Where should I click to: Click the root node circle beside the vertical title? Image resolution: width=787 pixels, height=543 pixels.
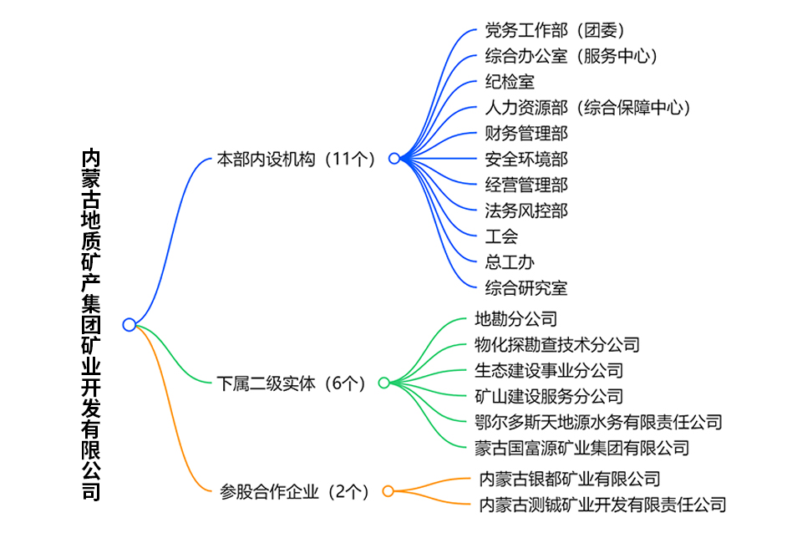(x=129, y=325)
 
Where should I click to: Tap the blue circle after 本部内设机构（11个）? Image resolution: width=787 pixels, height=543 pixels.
(x=394, y=159)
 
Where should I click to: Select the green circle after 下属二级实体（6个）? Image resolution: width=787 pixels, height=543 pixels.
(x=384, y=383)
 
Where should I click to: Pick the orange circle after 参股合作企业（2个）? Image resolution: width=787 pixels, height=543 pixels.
(x=388, y=491)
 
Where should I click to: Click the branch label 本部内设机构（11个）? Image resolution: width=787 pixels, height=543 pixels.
(x=296, y=159)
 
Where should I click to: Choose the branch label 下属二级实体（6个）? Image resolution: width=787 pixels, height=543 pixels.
(x=291, y=383)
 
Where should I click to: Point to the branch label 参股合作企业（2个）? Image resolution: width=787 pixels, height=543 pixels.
(x=295, y=491)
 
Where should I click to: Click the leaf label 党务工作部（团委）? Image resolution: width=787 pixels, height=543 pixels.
(x=555, y=30)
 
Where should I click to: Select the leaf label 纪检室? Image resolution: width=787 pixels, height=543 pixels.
(x=510, y=82)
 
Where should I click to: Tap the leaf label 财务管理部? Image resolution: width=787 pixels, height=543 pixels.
(x=526, y=134)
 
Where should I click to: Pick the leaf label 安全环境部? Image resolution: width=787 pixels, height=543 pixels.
(x=526, y=159)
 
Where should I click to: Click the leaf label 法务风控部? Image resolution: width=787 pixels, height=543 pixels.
(x=526, y=211)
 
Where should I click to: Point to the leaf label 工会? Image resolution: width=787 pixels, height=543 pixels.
(x=501, y=236)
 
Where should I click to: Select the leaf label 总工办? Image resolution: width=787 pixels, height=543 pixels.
(x=510, y=262)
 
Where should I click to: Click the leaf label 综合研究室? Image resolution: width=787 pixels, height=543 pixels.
(x=526, y=288)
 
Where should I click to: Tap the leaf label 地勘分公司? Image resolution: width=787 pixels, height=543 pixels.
(x=516, y=318)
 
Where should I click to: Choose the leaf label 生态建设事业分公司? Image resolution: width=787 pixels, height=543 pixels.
(x=549, y=370)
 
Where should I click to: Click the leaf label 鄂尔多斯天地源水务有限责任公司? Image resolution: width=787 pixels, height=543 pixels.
(x=598, y=422)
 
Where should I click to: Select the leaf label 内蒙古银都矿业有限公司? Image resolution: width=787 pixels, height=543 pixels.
(x=570, y=479)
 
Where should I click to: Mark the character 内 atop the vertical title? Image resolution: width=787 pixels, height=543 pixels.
(x=91, y=158)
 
